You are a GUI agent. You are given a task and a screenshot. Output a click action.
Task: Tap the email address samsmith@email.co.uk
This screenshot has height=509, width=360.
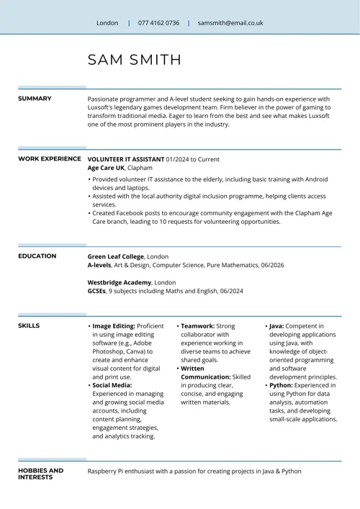[x=230, y=23]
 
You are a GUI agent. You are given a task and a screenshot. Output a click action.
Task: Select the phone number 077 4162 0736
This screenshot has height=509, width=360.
[x=158, y=23]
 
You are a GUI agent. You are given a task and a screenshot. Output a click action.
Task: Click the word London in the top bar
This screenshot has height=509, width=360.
[x=107, y=23]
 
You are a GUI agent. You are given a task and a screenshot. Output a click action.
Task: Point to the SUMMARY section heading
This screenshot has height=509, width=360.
[x=35, y=99]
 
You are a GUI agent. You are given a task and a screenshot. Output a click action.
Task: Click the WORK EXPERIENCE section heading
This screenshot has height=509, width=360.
[x=49, y=158]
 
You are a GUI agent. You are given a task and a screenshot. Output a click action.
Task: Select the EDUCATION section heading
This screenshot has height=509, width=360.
[x=37, y=256]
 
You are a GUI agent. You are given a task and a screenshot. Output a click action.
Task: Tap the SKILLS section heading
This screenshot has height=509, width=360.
[x=29, y=325]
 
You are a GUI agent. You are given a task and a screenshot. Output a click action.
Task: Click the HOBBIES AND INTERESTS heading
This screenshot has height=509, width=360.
[x=40, y=474]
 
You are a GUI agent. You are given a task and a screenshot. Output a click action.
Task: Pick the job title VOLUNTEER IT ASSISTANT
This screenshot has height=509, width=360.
[x=125, y=158]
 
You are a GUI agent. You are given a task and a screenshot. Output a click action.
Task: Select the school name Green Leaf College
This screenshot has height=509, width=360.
[x=115, y=256]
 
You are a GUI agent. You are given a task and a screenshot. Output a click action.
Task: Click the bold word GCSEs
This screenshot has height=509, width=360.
[x=96, y=291]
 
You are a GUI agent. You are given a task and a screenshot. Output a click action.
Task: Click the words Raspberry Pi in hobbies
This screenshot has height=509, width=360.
[x=107, y=471]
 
